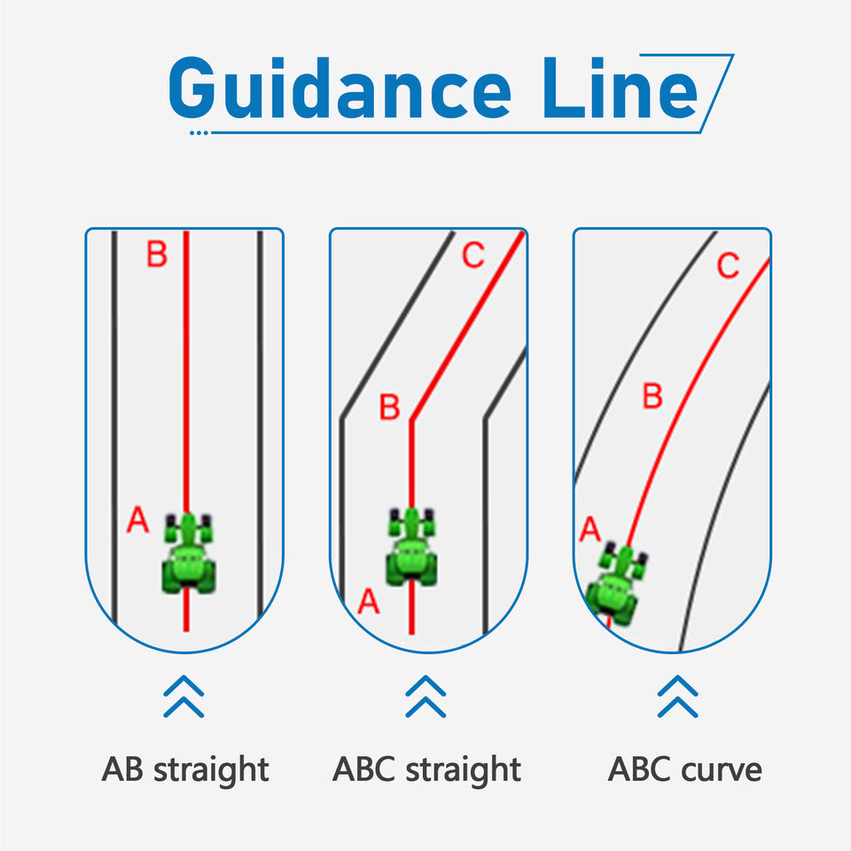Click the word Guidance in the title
[x=340, y=88]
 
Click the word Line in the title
[x=620, y=88]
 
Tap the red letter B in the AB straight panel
[x=157, y=254]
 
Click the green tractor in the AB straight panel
[x=188, y=552]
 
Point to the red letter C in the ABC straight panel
[x=473, y=254]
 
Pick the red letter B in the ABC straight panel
[x=389, y=407]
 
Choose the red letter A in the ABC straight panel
[x=369, y=601]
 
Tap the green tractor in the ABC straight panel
[x=412, y=547]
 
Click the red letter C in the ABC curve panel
[x=728, y=265]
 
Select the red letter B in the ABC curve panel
[x=653, y=395]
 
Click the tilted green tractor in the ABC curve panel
[x=615, y=584]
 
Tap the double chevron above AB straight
[x=184, y=697]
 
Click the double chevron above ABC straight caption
[x=426, y=697]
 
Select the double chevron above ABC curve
[x=678, y=697]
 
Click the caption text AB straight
[x=185, y=770]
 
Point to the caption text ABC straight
[x=426, y=770]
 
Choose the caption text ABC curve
[x=685, y=769]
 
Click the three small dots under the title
[x=199, y=133]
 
